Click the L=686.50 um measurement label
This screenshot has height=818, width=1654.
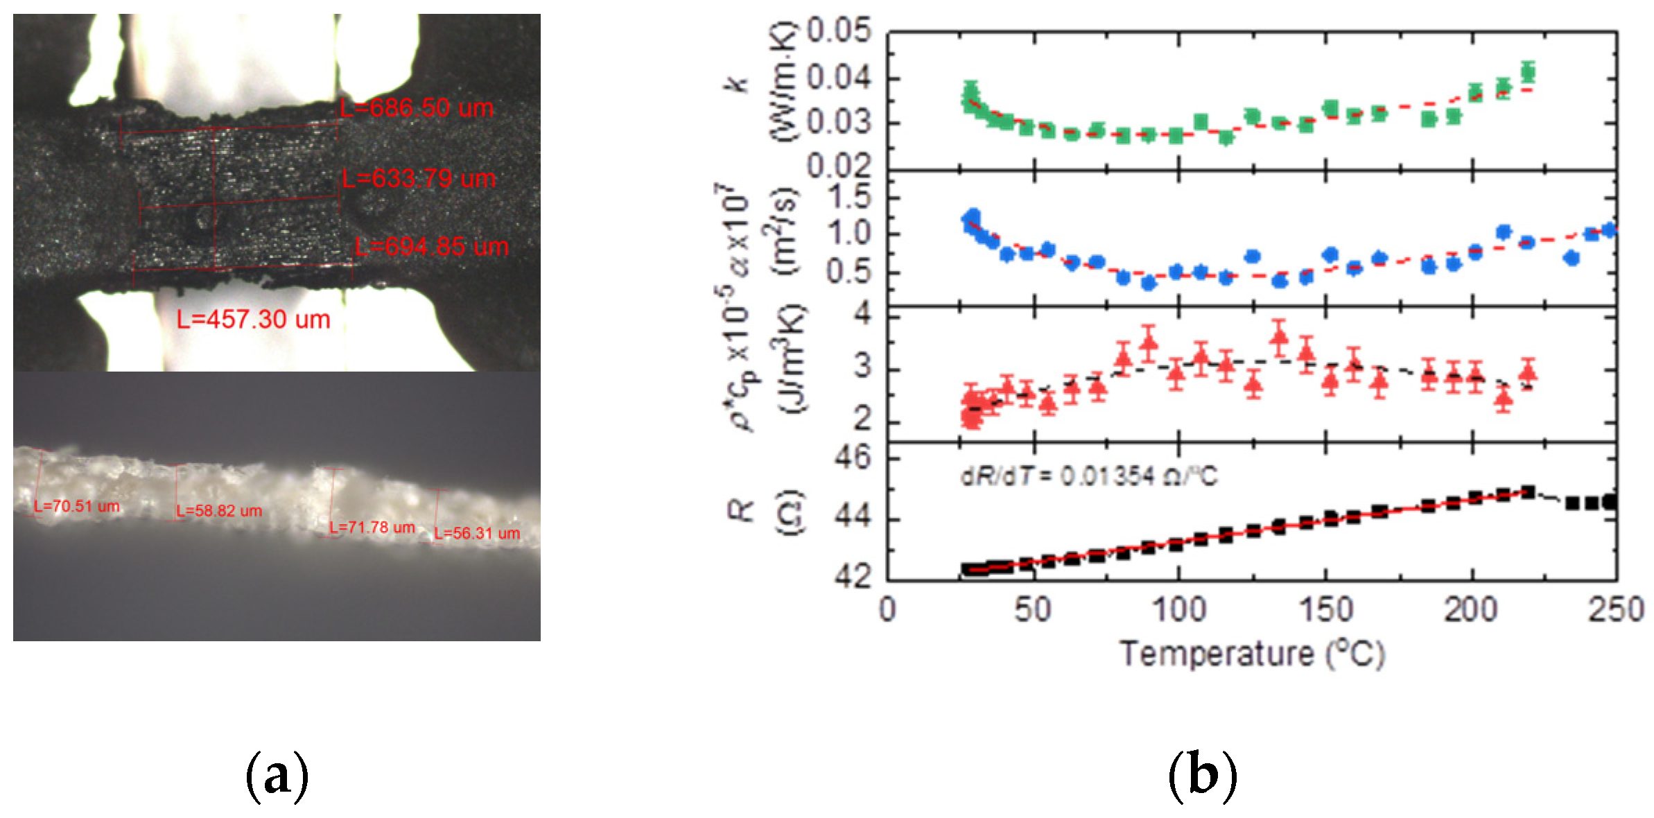click(417, 108)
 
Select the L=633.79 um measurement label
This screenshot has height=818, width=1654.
click(419, 179)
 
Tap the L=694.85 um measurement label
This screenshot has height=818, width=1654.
click(431, 247)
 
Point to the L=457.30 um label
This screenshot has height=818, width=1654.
click(253, 320)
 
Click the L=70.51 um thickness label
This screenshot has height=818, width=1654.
click(77, 506)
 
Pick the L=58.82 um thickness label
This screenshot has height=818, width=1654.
click(219, 511)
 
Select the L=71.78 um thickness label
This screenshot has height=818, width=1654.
click(372, 528)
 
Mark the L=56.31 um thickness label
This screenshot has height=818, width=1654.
click(477, 533)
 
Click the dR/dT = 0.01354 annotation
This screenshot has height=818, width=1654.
click(1088, 476)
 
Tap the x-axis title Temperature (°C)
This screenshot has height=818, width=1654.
click(1252, 654)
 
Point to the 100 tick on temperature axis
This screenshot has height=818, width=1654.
click(1178, 610)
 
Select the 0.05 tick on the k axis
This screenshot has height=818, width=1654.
click(839, 32)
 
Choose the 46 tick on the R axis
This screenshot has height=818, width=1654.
click(852, 458)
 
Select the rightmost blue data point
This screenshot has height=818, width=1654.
click(1609, 230)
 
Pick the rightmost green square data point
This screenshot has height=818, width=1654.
click(1527, 72)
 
